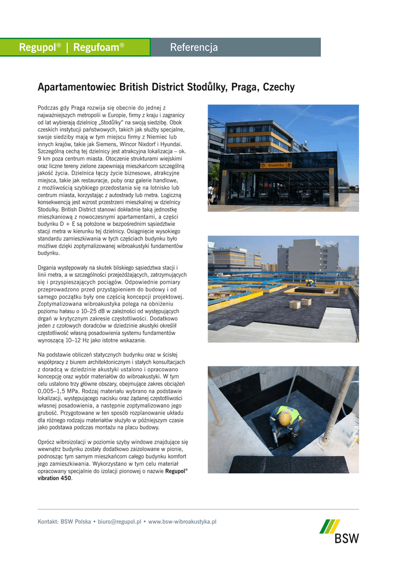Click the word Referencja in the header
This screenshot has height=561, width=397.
coord(194,48)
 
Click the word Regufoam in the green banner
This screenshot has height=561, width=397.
coord(96,48)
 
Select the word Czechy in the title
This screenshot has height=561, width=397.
coord(279,88)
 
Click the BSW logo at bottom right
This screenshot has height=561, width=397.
coord(340,531)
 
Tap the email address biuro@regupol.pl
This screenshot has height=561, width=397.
coord(119,522)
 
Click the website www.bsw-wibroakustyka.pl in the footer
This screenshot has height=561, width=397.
coord(182,522)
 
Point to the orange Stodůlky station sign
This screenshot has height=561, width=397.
coord(277,165)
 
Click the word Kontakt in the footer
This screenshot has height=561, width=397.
coord(48,522)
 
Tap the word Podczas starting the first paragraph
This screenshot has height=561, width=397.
coord(49,108)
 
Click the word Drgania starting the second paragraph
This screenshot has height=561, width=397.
coord(49,267)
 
